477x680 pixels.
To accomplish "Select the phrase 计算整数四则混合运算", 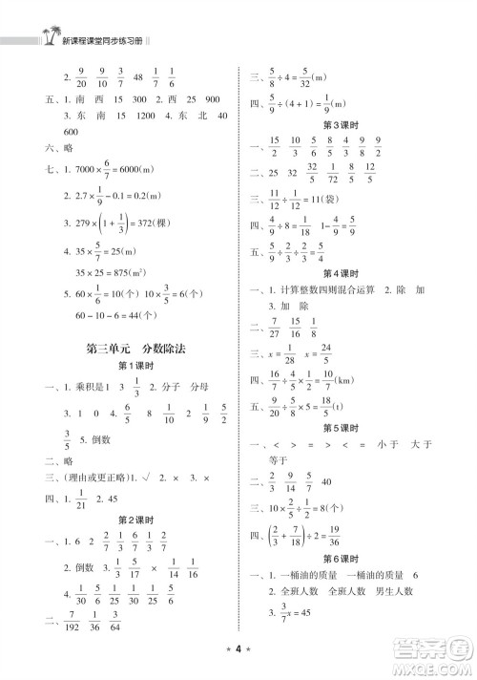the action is point(325,293).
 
